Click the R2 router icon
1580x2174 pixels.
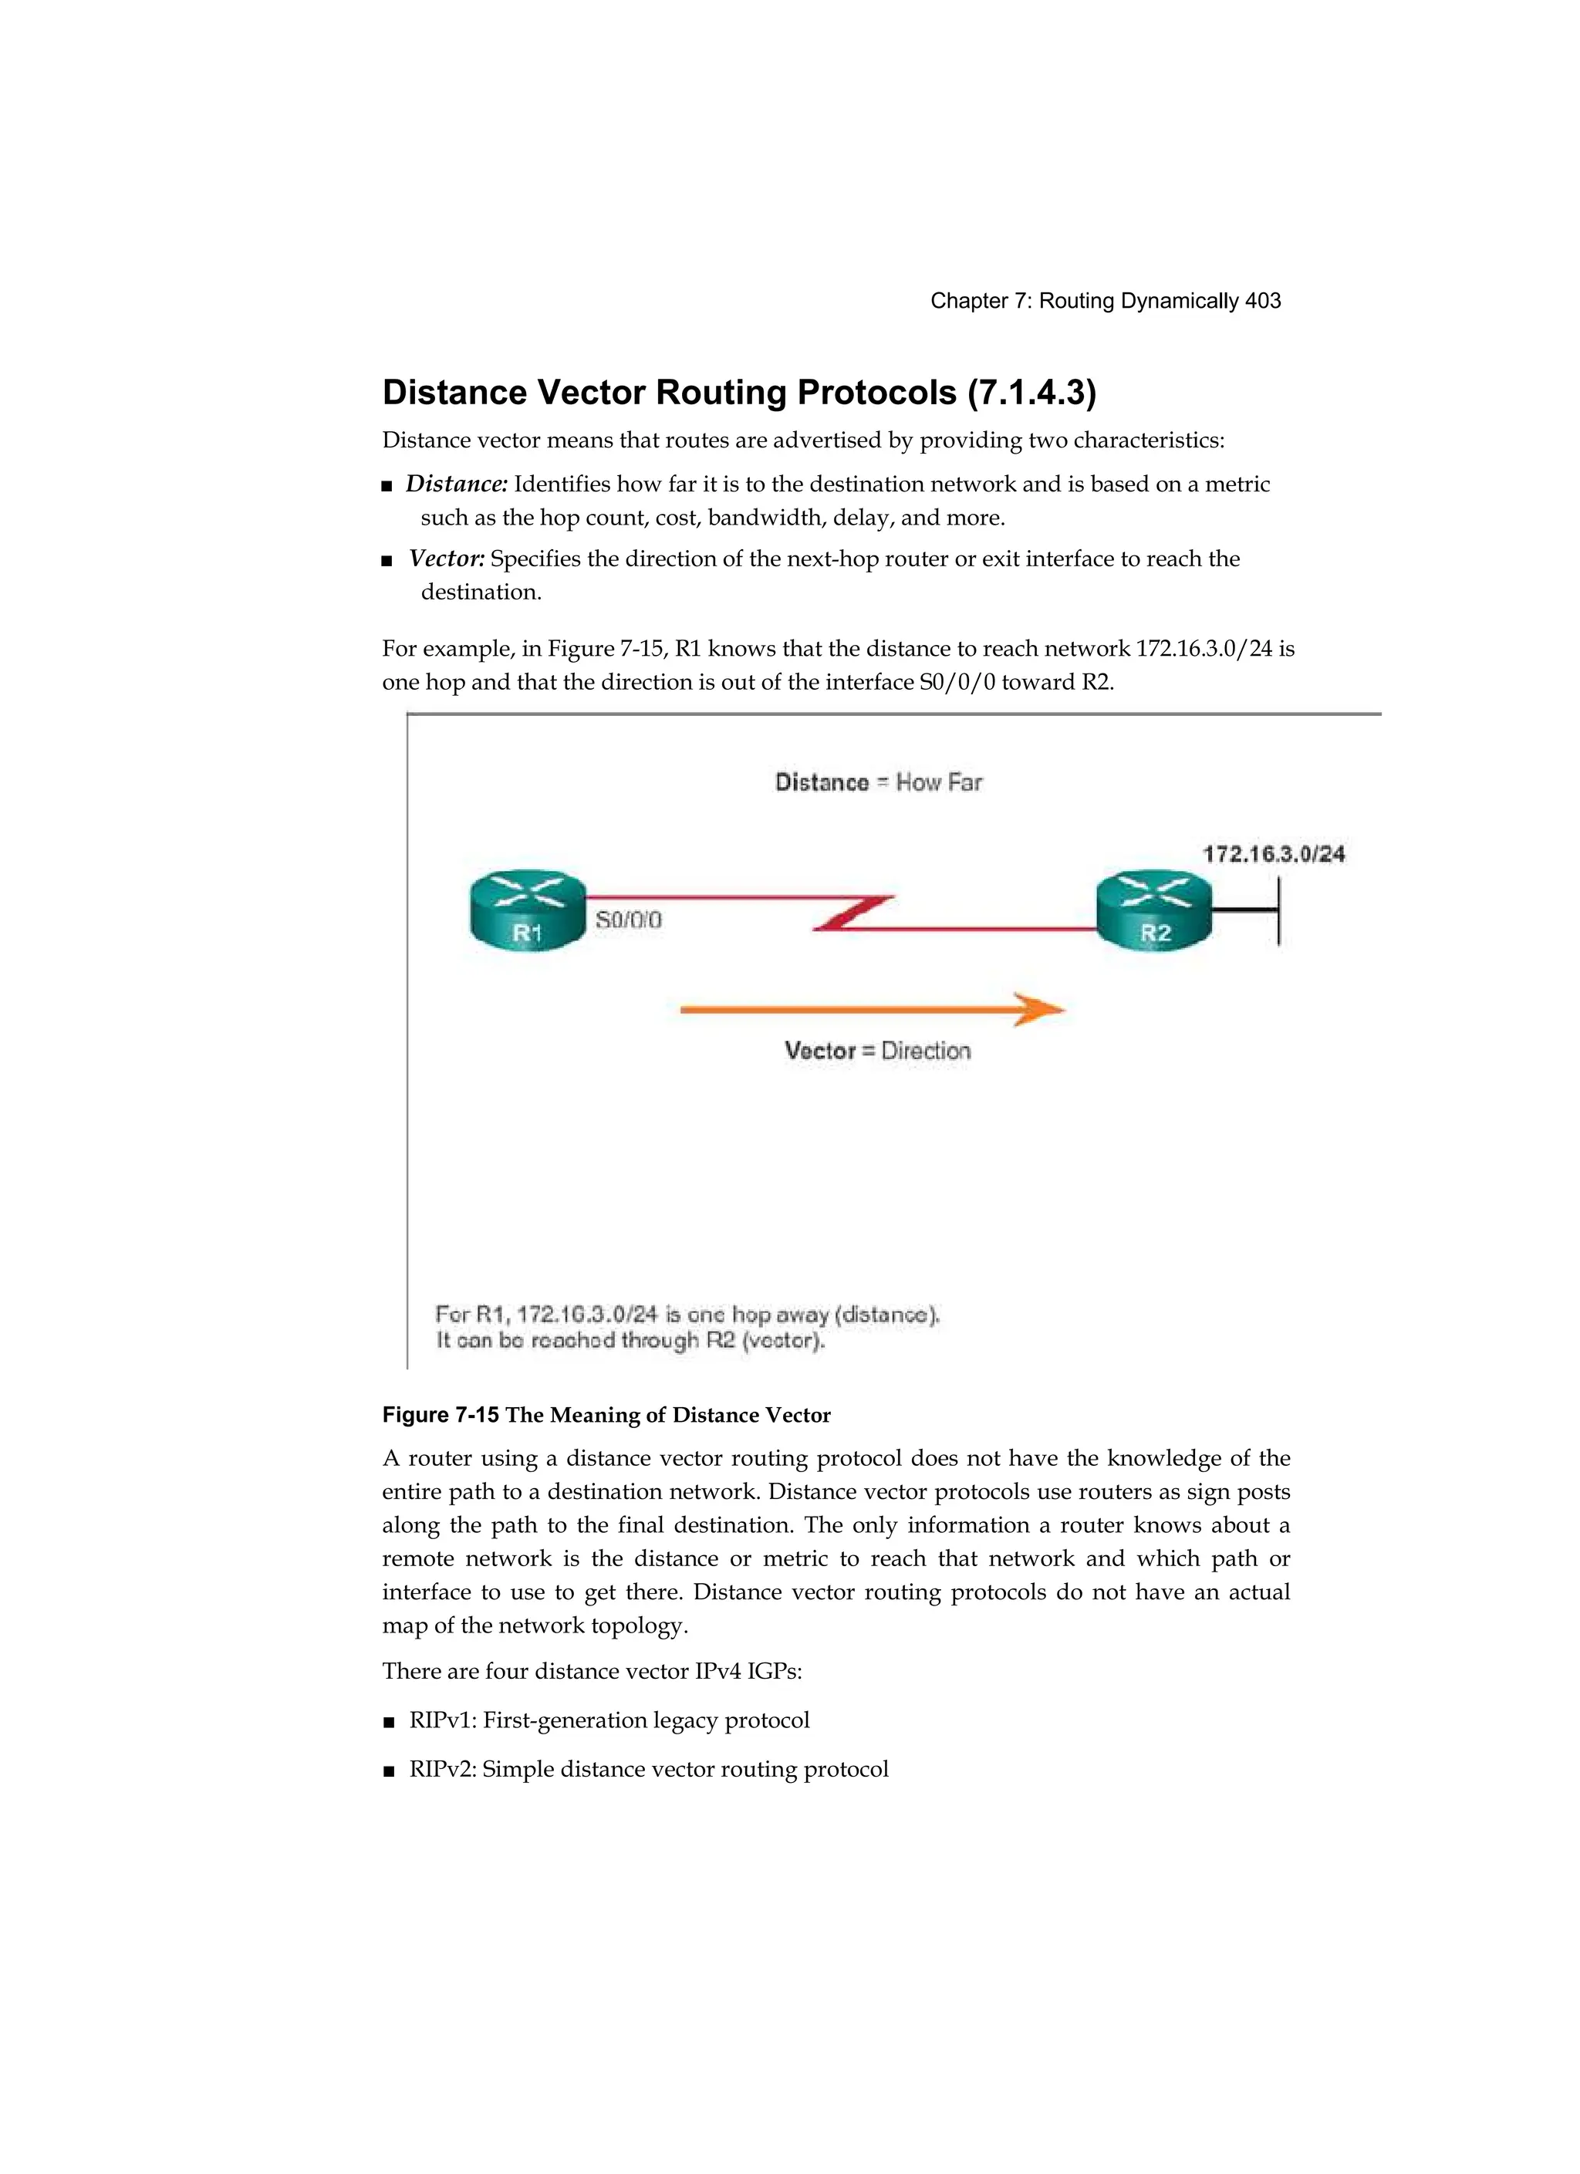click(1153, 910)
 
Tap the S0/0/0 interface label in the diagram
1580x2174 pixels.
click(629, 920)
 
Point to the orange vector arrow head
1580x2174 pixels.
click(1039, 1009)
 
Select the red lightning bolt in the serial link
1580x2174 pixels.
click(853, 913)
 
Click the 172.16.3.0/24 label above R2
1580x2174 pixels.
click(1274, 853)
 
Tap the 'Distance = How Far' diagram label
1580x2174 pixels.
click(878, 782)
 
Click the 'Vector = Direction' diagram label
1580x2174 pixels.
click(877, 1051)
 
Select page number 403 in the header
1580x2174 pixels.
click(1263, 301)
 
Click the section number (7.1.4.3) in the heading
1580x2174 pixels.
click(1031, 392)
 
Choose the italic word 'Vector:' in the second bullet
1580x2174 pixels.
click(447, 559)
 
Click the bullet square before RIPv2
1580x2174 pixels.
click(388, 1771)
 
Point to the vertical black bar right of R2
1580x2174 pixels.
click(1279, 912)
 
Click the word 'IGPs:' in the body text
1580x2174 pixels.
click(775, 1672)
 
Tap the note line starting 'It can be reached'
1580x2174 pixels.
click(631, 1340)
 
